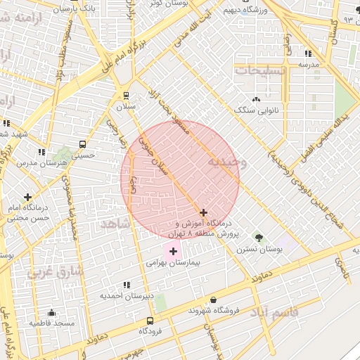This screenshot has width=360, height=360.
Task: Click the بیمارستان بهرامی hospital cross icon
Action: coord(173,251)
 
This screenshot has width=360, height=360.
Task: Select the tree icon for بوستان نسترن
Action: coord(258,237)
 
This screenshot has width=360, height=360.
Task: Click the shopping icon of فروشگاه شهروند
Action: coord(212,300)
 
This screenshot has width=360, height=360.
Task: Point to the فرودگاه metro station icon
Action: coord(149,320)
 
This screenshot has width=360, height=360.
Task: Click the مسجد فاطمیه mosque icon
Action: coord(51,313)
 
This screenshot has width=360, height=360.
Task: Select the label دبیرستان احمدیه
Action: coord(126,296)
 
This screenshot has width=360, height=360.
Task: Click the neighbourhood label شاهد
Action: coord(115,223)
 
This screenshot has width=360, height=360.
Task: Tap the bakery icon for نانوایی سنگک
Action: coord(256,100)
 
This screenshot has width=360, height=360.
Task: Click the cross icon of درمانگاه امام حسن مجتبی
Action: coord(27,198)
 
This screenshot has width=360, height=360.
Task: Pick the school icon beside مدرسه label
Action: coord(308,53)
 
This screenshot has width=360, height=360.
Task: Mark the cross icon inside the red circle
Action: coord(203,212)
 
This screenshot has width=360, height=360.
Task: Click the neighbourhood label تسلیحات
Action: coord(260,72)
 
